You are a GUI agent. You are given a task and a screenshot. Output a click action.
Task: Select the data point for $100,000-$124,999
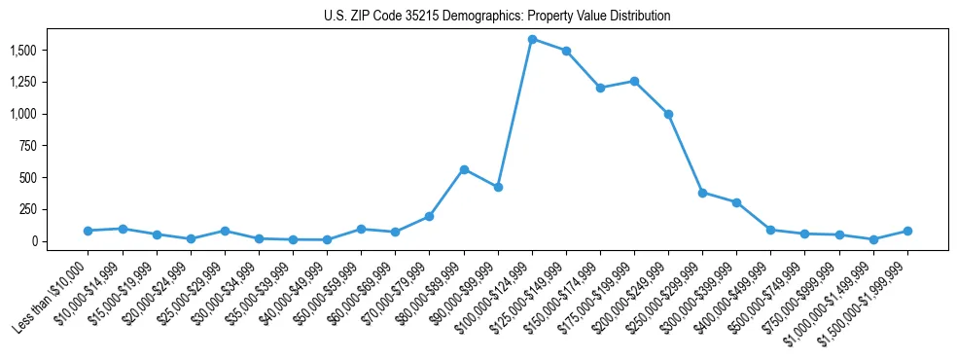[x=532, y=39]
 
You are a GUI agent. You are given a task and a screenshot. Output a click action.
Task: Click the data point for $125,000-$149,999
[x=566, y=51]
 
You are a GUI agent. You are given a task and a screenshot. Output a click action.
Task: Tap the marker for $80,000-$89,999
[x=464, y=169]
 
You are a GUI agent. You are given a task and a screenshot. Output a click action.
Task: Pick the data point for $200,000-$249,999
[x=668, y=114]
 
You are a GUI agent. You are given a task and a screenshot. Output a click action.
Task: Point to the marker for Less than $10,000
[x=89, y=231]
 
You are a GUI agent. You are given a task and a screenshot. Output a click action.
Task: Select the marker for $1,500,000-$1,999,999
[x=907, y=231]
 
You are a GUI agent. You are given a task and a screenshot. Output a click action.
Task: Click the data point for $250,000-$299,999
[x=702, y=193]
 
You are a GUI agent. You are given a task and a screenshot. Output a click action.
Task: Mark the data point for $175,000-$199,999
[x=634, y=81]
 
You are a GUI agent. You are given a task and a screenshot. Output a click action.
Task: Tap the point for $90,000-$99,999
[x=498, y=187]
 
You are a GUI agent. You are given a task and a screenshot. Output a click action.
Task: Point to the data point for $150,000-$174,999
[x=600, y=88]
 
